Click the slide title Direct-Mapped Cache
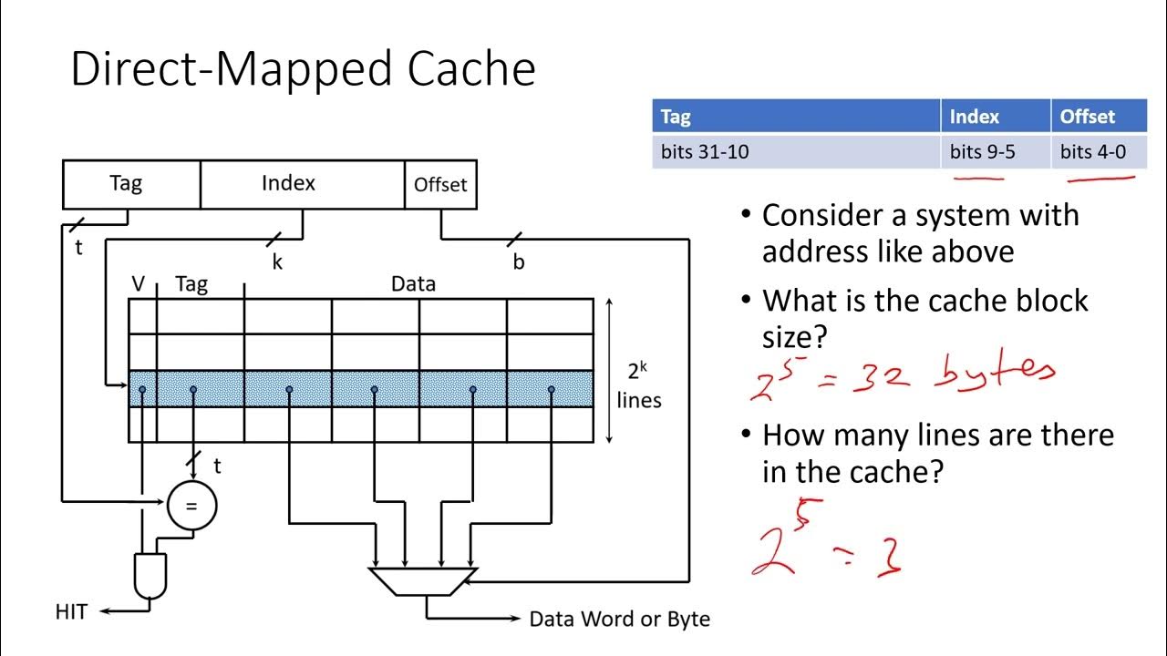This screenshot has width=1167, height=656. [303, 69]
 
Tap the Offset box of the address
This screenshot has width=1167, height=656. [440, 185]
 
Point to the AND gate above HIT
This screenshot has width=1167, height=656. [150, 575]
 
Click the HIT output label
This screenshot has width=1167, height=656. [71, 612]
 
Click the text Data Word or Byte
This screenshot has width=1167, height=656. [620, 620]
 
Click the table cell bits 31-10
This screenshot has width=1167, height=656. [705, 152]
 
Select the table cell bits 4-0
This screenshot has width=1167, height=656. [1092, 152]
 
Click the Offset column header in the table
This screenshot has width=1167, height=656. [1087, 117]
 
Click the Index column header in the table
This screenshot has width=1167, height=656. [974, 117]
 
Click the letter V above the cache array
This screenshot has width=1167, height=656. [139, 284]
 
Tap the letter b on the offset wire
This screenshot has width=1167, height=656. [519, 262]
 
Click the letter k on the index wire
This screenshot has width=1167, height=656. [277, 262]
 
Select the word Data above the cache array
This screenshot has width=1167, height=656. [413, 284]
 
